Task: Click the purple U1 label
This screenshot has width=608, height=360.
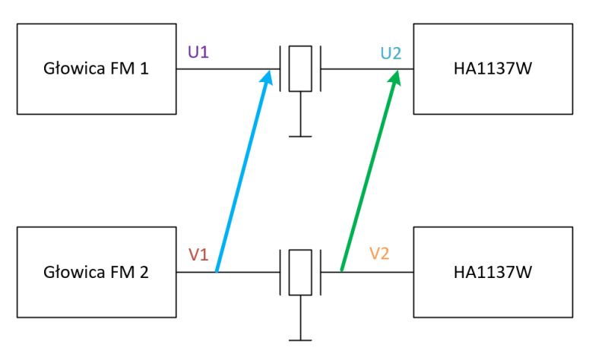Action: (198, 52)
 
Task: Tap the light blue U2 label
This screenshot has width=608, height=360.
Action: (391, 53)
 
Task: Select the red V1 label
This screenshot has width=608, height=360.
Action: (198, 254)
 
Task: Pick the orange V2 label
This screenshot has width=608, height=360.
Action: (378, 254)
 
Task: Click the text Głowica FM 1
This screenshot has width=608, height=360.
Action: (96, 68)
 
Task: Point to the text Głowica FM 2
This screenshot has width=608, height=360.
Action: (96, 272)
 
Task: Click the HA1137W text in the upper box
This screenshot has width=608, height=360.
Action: (492, 68)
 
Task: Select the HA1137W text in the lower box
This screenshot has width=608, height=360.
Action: (492, 272)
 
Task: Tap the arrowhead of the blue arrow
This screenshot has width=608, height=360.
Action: (268, 74)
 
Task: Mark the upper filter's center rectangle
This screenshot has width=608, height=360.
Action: (300, 68)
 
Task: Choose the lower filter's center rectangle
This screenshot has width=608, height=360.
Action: (300, 272)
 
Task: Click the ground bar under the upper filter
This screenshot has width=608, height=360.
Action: (300, 137)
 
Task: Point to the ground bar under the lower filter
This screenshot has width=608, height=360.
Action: (300, 340)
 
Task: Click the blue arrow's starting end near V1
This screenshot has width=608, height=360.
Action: (217, 271)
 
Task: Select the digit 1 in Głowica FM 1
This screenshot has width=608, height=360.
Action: (144, 68)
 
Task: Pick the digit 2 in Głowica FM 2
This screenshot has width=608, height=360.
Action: (144, 272)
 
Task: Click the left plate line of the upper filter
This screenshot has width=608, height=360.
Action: (280, 68)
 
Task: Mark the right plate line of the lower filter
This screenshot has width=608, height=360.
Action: (321, 272)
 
